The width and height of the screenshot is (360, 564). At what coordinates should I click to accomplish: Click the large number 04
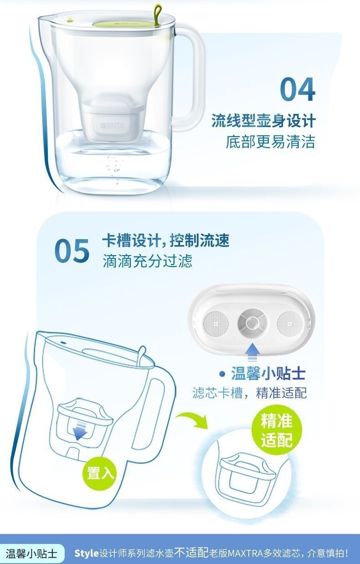[298, 89]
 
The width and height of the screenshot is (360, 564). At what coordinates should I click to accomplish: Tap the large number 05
[72, 251]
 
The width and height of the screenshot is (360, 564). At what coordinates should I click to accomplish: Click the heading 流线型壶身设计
[263, 121]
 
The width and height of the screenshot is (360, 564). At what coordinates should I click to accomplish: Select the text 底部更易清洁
[270, 142]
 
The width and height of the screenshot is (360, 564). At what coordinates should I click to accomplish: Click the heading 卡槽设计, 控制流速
[165, 241]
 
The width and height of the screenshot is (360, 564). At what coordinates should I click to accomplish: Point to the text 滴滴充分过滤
[147, 261]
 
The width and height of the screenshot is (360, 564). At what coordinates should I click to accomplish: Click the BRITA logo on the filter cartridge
[113, 125]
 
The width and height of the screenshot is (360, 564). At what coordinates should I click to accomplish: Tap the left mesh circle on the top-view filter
[216, 323]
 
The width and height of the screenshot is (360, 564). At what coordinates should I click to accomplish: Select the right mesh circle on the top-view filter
[290, 323]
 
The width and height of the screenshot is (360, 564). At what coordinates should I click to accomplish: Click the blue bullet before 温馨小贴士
[222, 374]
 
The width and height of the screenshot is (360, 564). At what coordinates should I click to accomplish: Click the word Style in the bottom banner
[87, 554]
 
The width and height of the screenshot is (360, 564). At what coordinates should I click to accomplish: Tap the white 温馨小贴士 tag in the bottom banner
[31, 554]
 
